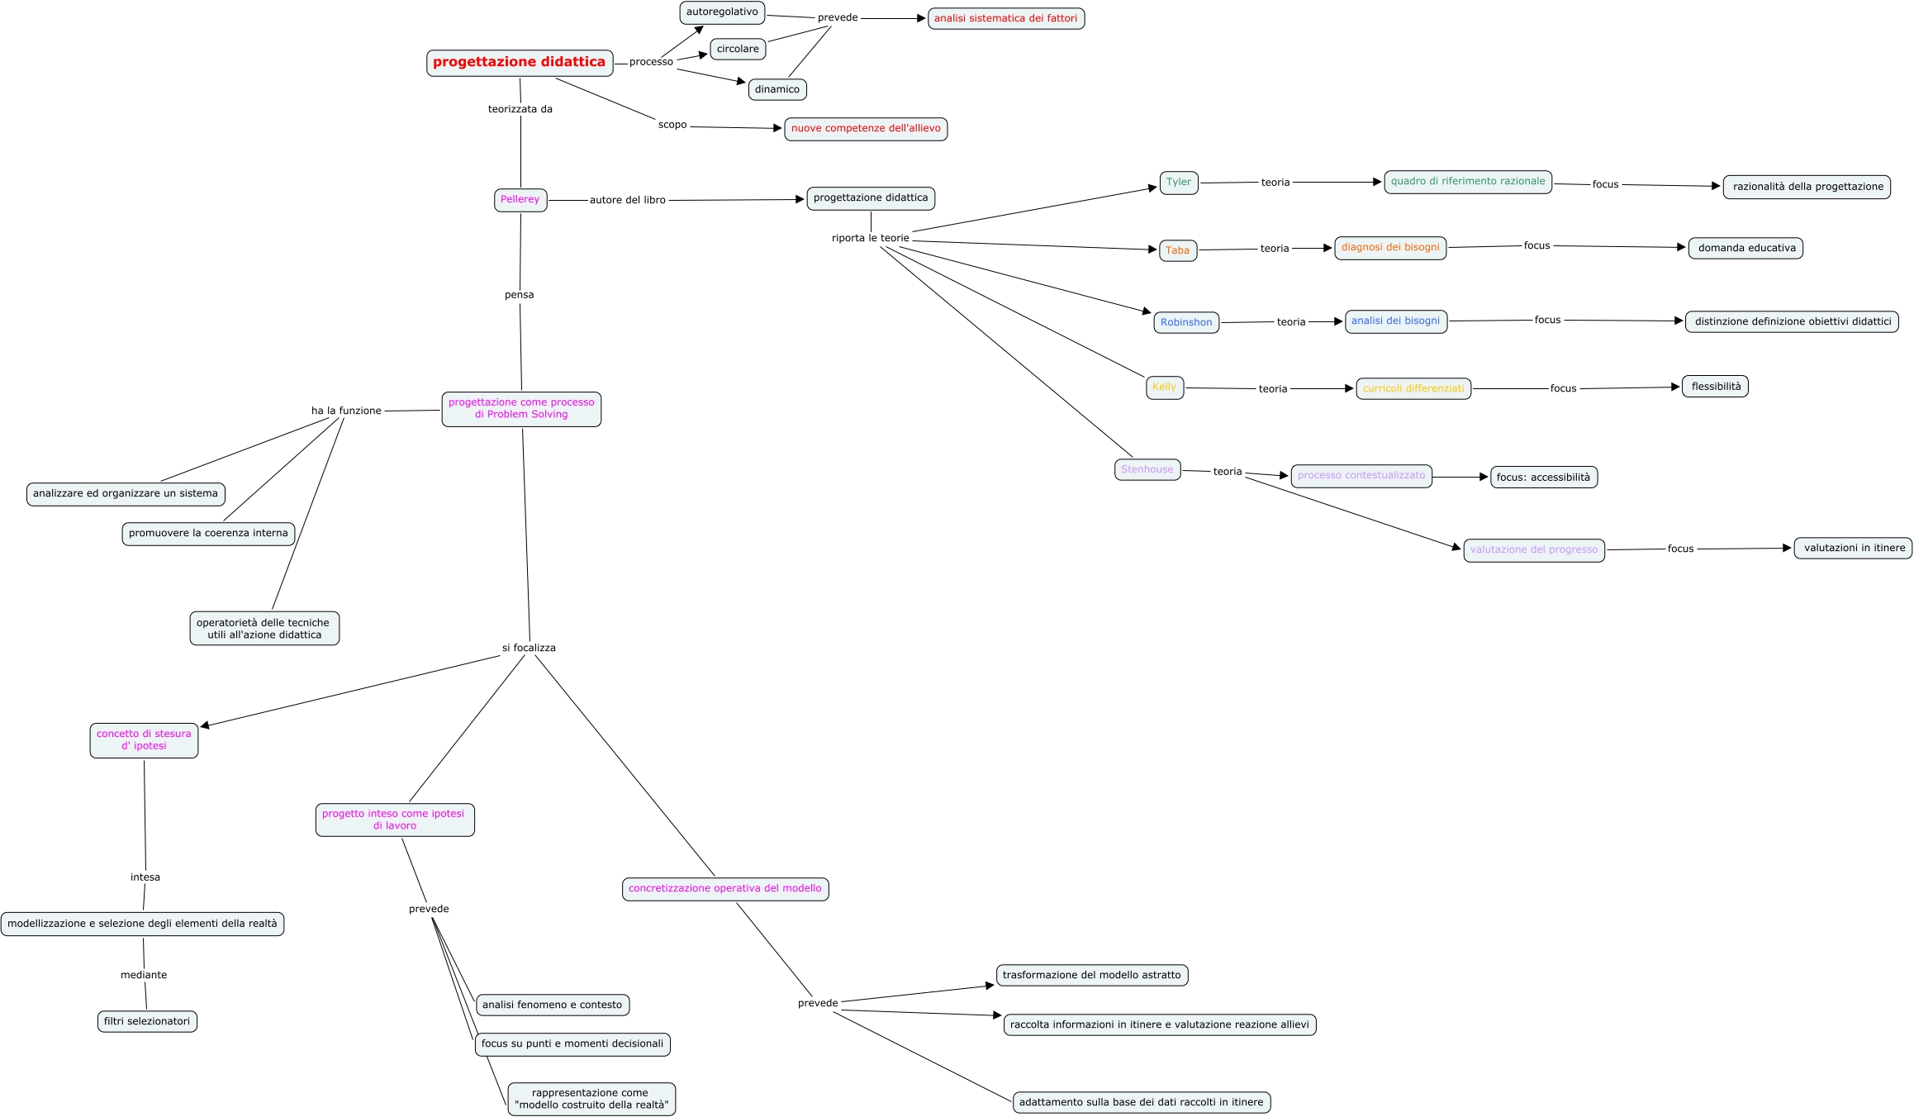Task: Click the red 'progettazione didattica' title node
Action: point(520,63)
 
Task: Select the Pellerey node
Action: point(520,200)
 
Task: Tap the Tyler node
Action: point(1179,183)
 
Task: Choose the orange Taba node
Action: point(1178,250)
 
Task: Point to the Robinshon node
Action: point(1186,322)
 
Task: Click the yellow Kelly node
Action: point(1165,387)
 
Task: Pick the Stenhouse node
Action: point(1147,469)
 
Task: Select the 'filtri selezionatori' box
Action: point(147,1021)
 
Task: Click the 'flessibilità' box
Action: point(1715,387)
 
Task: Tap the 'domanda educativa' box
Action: point(1745,248)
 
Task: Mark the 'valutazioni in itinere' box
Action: point(1853,548)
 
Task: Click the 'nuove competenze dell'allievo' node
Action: point(866,129)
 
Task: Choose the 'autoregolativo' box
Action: point(722,12)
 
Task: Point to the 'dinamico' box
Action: point(777,89)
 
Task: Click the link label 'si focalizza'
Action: point(529,648)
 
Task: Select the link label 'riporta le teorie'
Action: point(870,238)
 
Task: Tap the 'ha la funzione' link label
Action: point(346,411)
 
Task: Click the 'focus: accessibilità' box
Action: point(1543,478)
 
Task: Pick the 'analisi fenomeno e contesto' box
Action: point(553,1005)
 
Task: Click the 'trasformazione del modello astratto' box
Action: point(1092,975)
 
